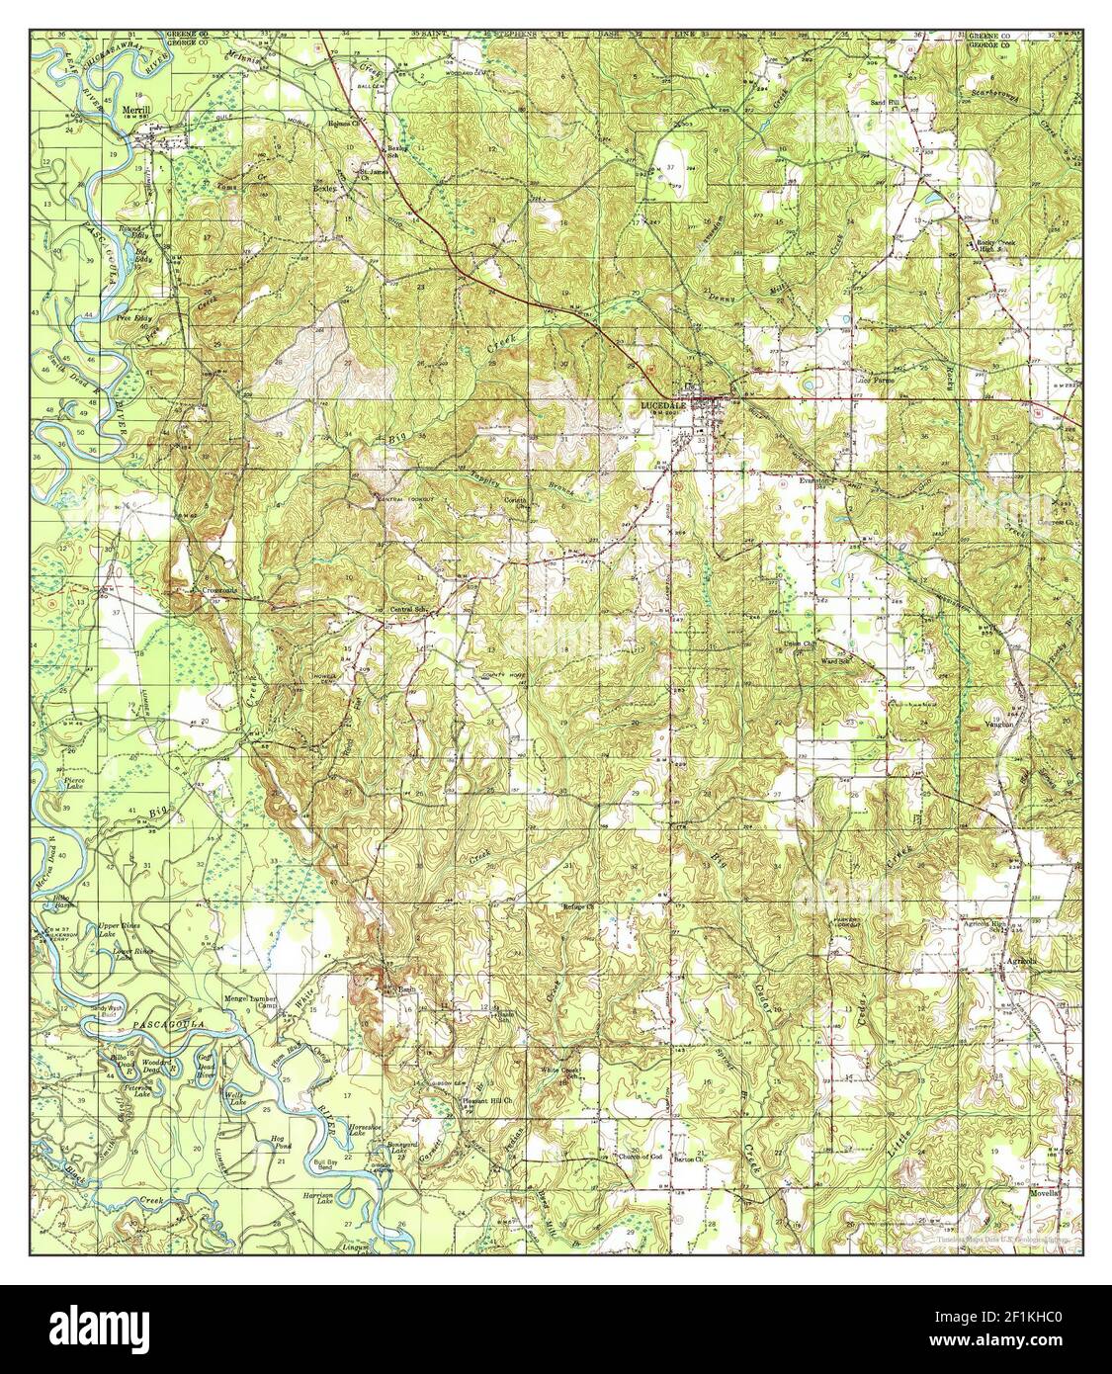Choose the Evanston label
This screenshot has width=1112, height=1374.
point(817,480)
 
